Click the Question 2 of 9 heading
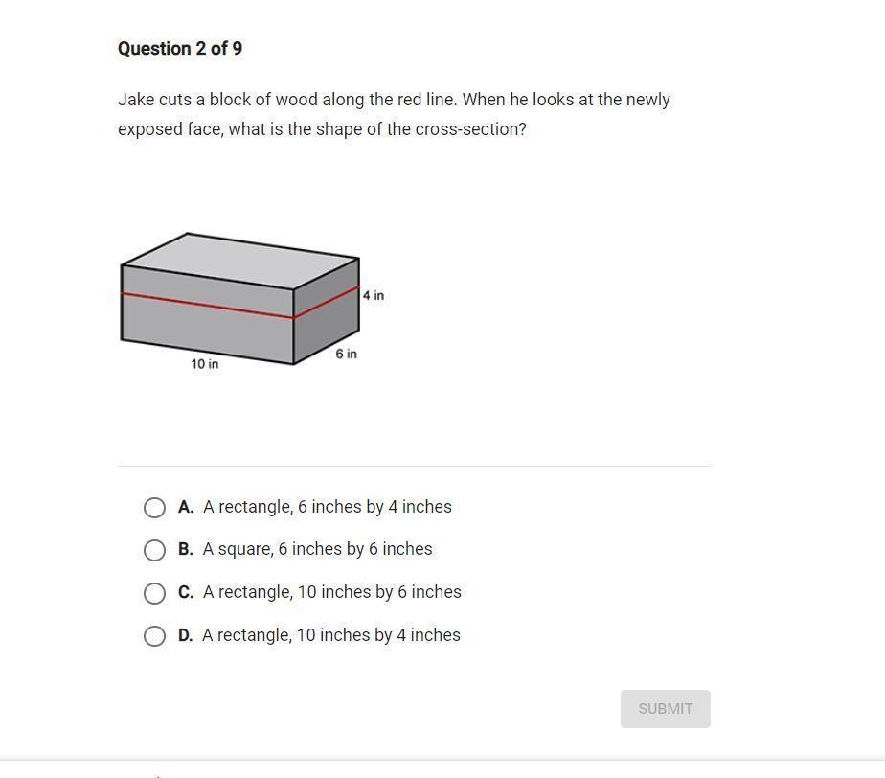coord(180,49)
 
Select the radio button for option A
coord(154,508)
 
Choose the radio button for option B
coord(154,550)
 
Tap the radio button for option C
coord(154,593)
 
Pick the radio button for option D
coord(154,636)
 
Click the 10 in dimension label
coord(204,364)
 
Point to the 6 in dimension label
coord(346,354)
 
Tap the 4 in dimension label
coord(374,295)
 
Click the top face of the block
coord(240,261)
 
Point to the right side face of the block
coord(327,311)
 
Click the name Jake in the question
coord(136,100)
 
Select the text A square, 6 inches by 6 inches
coord(318,549)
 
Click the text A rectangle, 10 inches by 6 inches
coord(331,592)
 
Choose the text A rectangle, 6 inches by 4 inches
coord(328,507)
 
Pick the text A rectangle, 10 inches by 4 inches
coord(331,635)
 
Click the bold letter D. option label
coord(186,635)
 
